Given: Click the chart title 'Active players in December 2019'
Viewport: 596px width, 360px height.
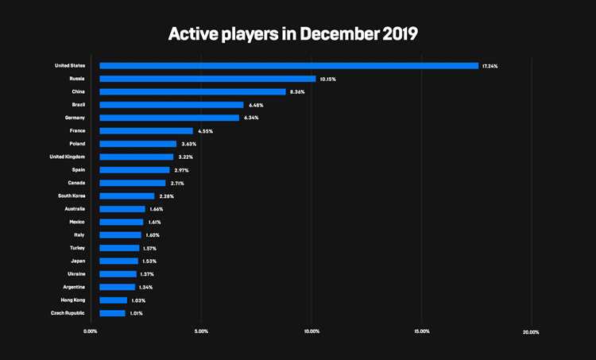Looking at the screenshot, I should point(292,34).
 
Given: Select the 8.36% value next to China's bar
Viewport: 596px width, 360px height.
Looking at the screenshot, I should point(296,92).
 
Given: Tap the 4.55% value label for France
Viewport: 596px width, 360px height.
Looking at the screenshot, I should point(204,131).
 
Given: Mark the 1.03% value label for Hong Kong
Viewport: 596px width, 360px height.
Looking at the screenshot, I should point(138,300).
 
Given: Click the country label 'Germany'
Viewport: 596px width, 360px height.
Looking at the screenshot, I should point(73,118).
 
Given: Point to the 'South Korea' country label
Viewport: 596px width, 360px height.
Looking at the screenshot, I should point(71,195).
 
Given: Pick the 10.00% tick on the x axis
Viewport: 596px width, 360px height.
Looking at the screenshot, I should point(312,332).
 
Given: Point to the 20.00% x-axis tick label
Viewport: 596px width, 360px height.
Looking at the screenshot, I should point(531,332).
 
